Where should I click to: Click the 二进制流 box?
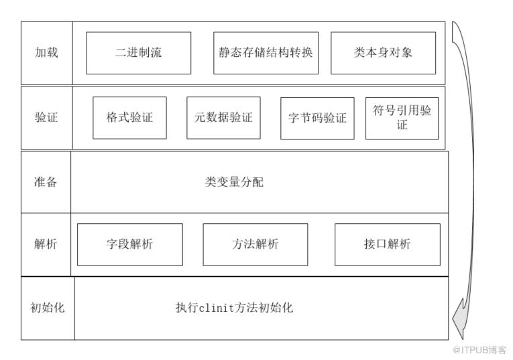click(x=138, y=53)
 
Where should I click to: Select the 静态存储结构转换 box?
click(x=266, y=53)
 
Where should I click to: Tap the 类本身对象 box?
click(x=383, y=53)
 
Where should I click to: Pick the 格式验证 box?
click(x=129, y=118)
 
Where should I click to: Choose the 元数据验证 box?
click(x=223, y=118)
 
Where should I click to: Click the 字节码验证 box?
click(x=317, y=119)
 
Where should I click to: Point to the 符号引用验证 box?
click(x=402, y=119)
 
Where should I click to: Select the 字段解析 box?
click(x=130, y=245)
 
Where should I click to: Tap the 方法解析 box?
click(x=255, y=245)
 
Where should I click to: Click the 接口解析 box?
click(x=388, y=245)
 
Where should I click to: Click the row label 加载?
click(x=46, y=52)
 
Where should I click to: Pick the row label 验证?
click(x=46, y=117)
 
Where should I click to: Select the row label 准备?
click(x=46, y=182)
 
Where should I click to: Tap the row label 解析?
click(x=46, y=243)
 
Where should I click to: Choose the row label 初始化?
click(x=48, y=307)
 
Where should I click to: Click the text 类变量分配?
click(x=234, y=182)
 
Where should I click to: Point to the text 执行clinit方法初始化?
click(x=234, y=307)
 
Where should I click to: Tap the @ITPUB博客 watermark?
click(x=479, y=350)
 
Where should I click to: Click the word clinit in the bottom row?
click(x=216, y=308)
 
